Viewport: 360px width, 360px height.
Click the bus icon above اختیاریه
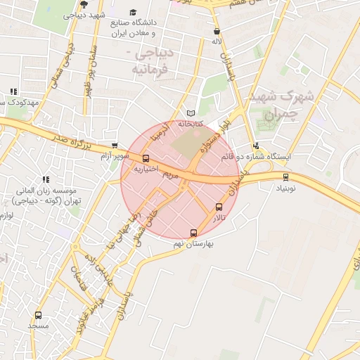(146, 158)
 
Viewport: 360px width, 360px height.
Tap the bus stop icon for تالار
(219, 207)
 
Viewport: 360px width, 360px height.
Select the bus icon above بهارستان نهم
(193, 233)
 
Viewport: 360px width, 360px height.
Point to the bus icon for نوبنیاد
(285, 176)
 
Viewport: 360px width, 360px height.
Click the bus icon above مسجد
(38, 316)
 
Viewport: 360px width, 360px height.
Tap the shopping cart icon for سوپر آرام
(115, 146)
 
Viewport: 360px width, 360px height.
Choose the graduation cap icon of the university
(134, 13)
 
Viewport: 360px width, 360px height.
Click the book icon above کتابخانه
(191, 113)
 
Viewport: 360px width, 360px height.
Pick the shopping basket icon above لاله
(217, 32)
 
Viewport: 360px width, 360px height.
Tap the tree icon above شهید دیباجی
(84, 4)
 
